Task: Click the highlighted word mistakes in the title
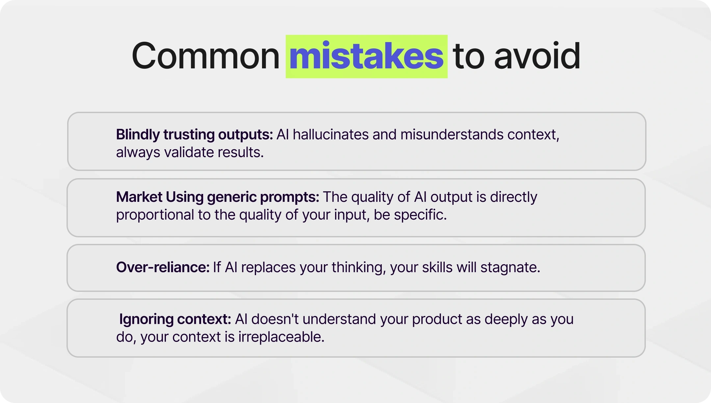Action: coord(366,57)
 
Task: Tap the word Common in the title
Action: coord(205,57)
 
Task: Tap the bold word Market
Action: coord(139,197)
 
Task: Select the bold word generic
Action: coord(232,197)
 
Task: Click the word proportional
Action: coord(155,215)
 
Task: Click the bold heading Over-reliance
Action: coord(163,267)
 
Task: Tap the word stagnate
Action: coord(510,267)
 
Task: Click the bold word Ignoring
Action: coord(146,319)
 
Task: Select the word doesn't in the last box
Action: coord(275,319)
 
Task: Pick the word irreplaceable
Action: coord(281,337)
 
